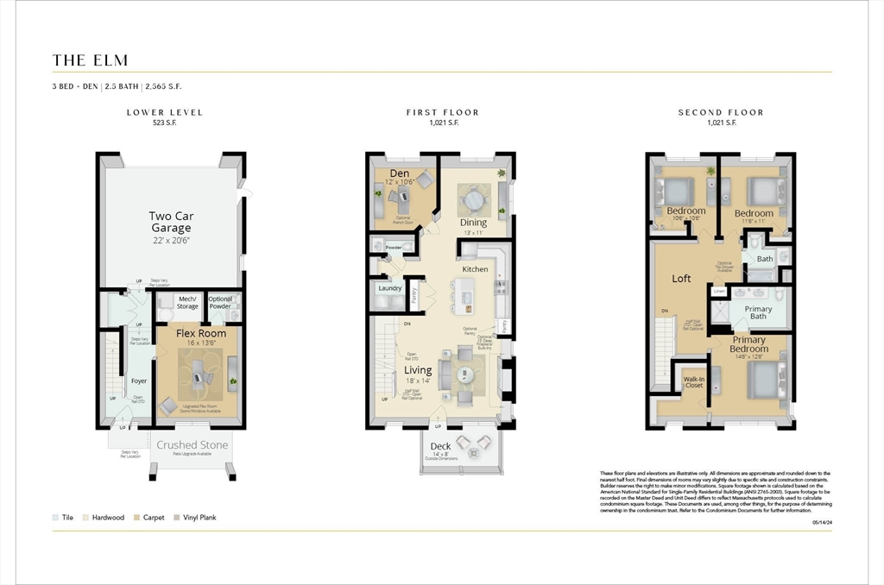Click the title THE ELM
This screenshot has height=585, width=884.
(90, 60)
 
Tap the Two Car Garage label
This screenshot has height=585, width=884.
(171, 222)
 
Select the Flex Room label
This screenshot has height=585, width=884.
(201, 333)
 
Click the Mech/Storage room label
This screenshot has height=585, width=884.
(187, 302)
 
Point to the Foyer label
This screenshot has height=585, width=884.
(138, 381)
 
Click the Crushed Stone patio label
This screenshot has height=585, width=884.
(192, 445)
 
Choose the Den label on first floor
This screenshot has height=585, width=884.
(399, 173)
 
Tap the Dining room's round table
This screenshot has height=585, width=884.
(474, 200)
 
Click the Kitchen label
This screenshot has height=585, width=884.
(475, 269)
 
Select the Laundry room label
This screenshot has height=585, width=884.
(390, 288)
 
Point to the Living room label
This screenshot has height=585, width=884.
(418, 370)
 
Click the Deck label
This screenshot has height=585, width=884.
(440, 446)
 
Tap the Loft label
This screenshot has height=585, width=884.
(681, 279)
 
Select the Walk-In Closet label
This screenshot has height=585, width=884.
(693, 381)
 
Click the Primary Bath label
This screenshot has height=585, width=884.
(758, 312)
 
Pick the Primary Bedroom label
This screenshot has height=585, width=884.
(748, 344)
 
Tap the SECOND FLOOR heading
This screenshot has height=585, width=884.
(720, 112)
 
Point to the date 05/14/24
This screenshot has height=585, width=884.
(821, 522)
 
